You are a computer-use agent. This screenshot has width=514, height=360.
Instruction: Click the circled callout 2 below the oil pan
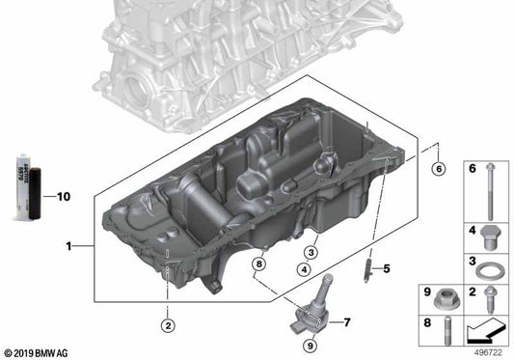[x=167, y=325]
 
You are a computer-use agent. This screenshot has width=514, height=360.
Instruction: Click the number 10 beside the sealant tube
[x=65, y=198]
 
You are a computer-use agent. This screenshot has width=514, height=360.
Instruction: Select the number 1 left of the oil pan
[x=68, y=247]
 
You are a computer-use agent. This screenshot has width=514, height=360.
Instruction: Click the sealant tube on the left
[x=29, y=185]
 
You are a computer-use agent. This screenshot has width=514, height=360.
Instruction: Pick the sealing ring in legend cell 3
[x=492, y=266]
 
